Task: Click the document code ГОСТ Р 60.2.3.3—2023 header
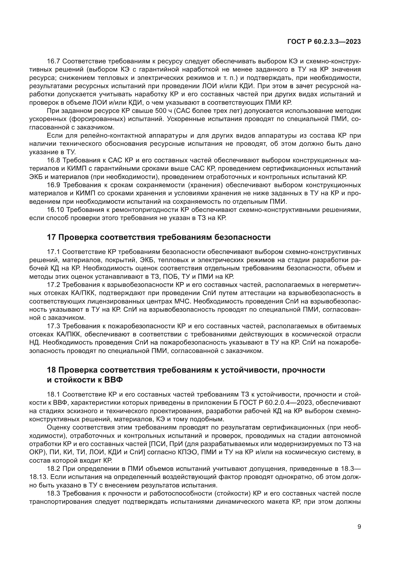324,42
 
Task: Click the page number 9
359,527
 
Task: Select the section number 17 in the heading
51,237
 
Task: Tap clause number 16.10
55,210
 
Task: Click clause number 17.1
53,252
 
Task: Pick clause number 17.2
53,285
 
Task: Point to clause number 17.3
53,326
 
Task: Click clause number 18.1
53,394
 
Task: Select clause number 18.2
53,469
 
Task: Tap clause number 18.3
53,493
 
